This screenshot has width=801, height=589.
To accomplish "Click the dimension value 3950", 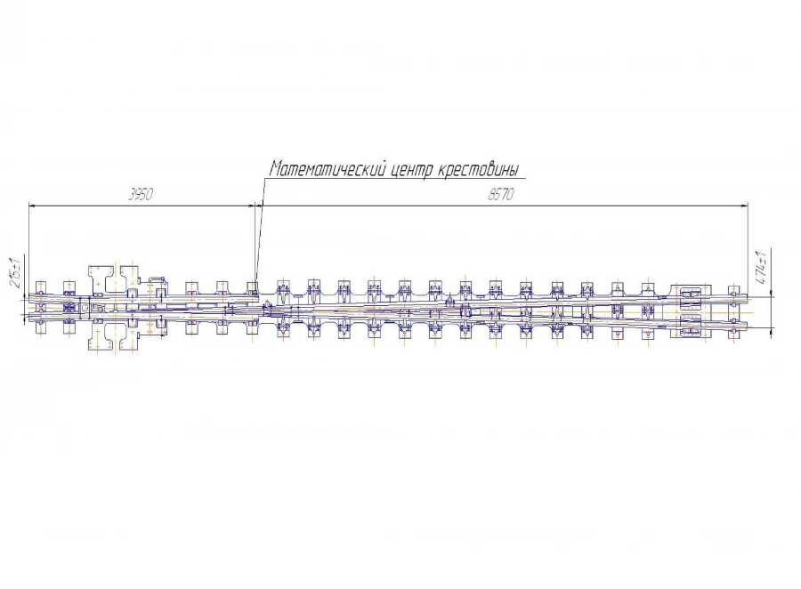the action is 141,195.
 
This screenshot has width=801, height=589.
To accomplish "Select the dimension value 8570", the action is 500,195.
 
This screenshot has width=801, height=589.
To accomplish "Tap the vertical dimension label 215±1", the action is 16,271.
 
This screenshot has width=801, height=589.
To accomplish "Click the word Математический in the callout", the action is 327,169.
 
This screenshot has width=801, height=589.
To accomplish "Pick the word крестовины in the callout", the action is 479,170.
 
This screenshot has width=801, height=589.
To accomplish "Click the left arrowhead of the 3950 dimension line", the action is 32,206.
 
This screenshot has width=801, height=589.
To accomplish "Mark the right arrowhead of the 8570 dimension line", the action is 744,206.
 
